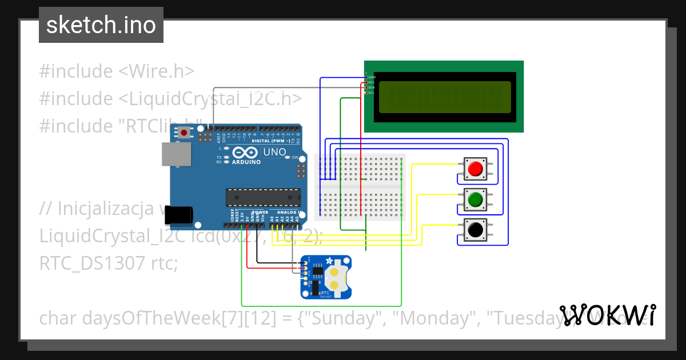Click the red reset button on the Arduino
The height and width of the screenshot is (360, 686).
[184, 133]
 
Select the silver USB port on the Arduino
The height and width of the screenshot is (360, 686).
[176, 154]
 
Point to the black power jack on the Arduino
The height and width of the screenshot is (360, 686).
[178, 215]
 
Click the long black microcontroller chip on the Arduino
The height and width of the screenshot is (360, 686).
[263, 197]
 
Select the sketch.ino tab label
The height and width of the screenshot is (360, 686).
[101, 25]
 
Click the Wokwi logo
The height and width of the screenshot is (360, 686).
[607, 315]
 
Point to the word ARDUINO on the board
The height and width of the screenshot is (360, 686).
[246, 162]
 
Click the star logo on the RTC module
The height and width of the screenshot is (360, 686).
[329, 261]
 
